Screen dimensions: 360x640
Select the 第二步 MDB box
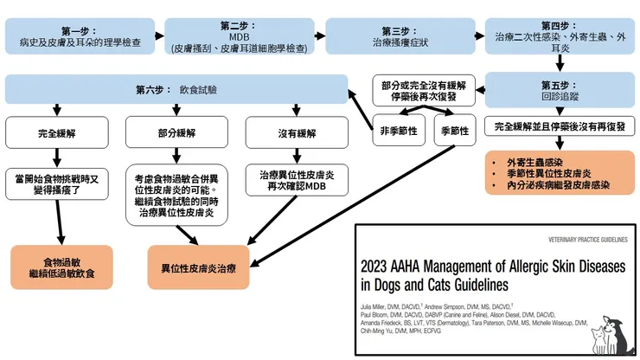[x=238, y=37]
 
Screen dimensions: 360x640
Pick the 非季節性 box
[x=397, y=131]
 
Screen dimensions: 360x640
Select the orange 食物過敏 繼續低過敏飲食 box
[x=62, y=266]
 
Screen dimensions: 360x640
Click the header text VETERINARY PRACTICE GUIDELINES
[x=585, y=237]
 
